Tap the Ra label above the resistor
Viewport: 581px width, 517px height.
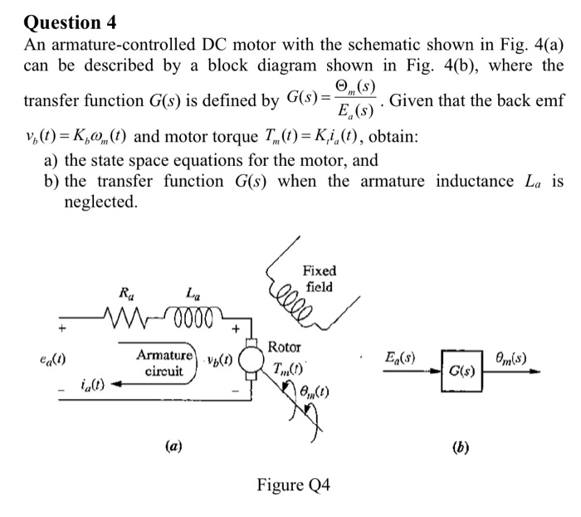pos(126,293)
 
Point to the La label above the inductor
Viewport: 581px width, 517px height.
pos(193,293)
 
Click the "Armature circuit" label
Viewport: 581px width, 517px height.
pos(165,362)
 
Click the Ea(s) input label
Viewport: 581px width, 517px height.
pos(401,358)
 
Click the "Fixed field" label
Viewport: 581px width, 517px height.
pos(320,279)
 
